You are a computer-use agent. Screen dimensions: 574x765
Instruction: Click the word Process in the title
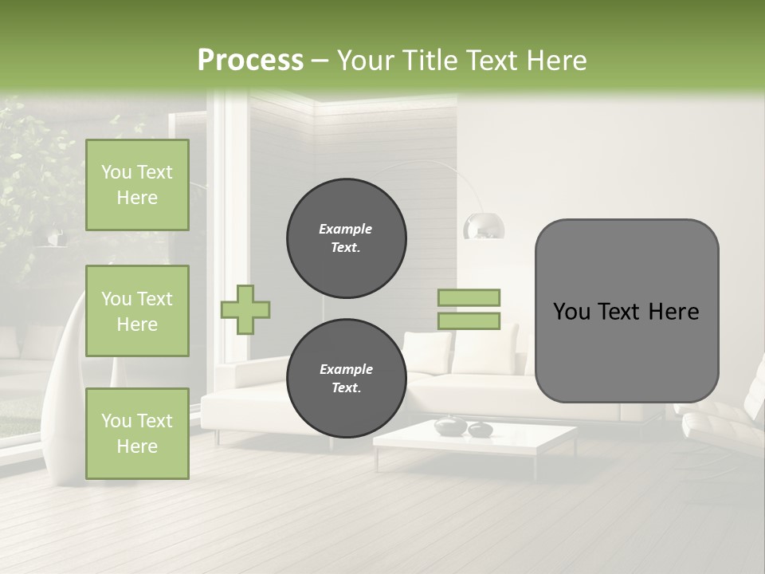point(250,60)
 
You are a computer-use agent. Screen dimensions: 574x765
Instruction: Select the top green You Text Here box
point(137,185)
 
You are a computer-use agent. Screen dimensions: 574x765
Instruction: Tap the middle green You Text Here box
point(137,311)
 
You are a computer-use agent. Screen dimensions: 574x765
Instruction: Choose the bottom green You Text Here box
point(137,434)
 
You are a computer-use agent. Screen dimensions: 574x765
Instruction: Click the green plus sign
point(245,309)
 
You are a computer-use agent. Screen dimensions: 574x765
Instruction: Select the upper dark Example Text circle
point(346,238)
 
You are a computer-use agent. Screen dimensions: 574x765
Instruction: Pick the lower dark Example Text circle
point(346,379)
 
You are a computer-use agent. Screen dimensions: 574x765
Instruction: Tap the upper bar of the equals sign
point(469,298)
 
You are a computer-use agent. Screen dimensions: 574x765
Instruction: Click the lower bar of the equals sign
point(469,320)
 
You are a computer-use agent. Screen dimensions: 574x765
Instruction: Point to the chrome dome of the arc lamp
point(484,226)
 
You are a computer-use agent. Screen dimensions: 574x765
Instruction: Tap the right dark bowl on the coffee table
point(480,430)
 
